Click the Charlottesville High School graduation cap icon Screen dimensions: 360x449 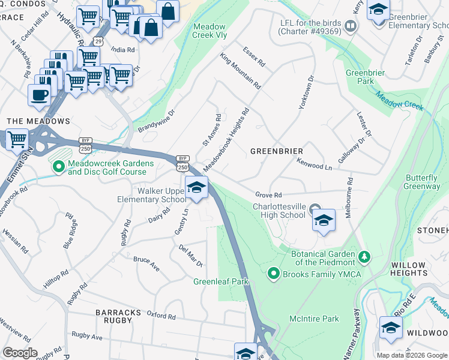point(324,221)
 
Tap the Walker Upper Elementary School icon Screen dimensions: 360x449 point(196,188)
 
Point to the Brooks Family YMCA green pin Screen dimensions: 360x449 point(274,274)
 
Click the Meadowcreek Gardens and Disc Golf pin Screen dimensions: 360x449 point(58,167)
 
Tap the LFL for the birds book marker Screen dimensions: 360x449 point(351,26)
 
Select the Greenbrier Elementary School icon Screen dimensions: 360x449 point(379,11)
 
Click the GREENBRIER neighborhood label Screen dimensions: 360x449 point(276,151)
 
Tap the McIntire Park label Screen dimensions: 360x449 point(314,319)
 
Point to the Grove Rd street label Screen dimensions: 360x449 point(268,195)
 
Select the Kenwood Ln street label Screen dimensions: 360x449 point(314,164)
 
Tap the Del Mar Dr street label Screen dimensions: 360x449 point(191,256)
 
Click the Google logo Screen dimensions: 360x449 point(20,353)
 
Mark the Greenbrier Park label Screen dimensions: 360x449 point(360,77)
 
